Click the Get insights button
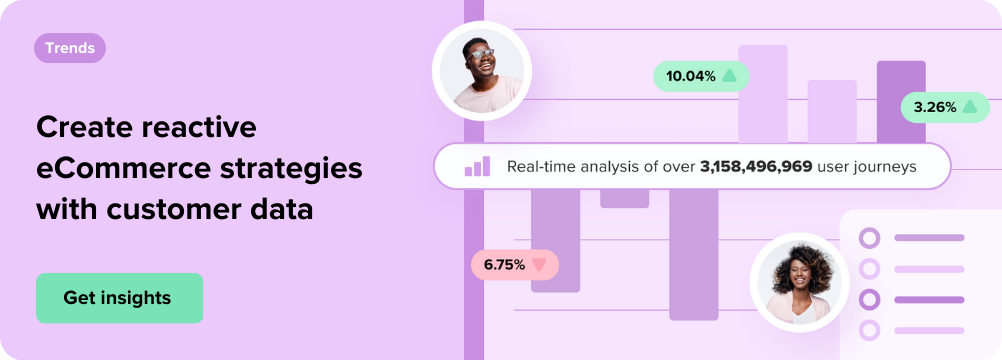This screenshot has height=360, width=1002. (x=119, y=298)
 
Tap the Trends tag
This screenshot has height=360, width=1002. (x=70, y=48)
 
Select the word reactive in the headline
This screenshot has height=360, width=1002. (x=199, y=127)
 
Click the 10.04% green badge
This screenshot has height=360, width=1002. (x=701, y=76)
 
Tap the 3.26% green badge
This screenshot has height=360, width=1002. (x=945, y=107)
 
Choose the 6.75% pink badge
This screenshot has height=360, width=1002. (x=515, y=265)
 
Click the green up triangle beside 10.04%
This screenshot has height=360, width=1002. (x=729, y=76)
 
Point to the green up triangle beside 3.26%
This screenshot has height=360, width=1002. (x=970, y=107)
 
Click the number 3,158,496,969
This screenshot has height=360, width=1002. (x=757, y=167)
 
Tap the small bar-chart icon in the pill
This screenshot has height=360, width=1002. (x=477, y=166)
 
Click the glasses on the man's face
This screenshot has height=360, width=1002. (x=481, y=54)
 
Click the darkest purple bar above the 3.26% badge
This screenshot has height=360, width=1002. (x=901, y=101)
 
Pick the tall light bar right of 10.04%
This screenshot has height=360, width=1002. (x=763, y=94)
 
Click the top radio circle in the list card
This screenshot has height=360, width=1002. (x=869, y=238)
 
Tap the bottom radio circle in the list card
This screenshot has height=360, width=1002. (x=869, y=330)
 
